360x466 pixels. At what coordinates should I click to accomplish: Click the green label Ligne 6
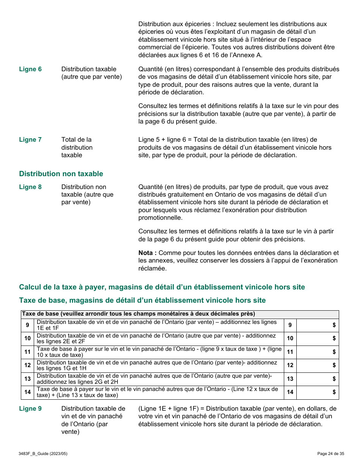[30, 69]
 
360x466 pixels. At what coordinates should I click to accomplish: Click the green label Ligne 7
[30, 139]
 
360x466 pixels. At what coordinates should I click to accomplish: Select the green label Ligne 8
[30, 187]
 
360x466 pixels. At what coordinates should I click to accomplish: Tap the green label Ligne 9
[30, 408]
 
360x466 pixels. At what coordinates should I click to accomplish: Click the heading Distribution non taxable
[61, 174]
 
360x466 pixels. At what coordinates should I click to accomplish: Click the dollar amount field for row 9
[317, 325]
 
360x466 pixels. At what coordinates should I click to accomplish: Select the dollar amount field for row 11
[317, 352]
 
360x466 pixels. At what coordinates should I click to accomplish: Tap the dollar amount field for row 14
[317, 392]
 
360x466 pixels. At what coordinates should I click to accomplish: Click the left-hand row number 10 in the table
[28, 338]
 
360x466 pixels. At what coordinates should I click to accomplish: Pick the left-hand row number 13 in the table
[28, 379]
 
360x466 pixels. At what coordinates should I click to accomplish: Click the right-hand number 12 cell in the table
[290, 365]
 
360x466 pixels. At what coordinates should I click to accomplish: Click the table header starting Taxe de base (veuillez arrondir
[138, 314]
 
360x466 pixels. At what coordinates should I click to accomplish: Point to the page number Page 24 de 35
[330, 453]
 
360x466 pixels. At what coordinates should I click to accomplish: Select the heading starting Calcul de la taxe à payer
[162, 287]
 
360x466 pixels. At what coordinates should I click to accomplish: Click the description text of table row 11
[159, 352]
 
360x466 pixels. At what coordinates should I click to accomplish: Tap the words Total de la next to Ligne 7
[77, 139]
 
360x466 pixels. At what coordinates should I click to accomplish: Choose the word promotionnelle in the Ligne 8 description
[160, 217]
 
